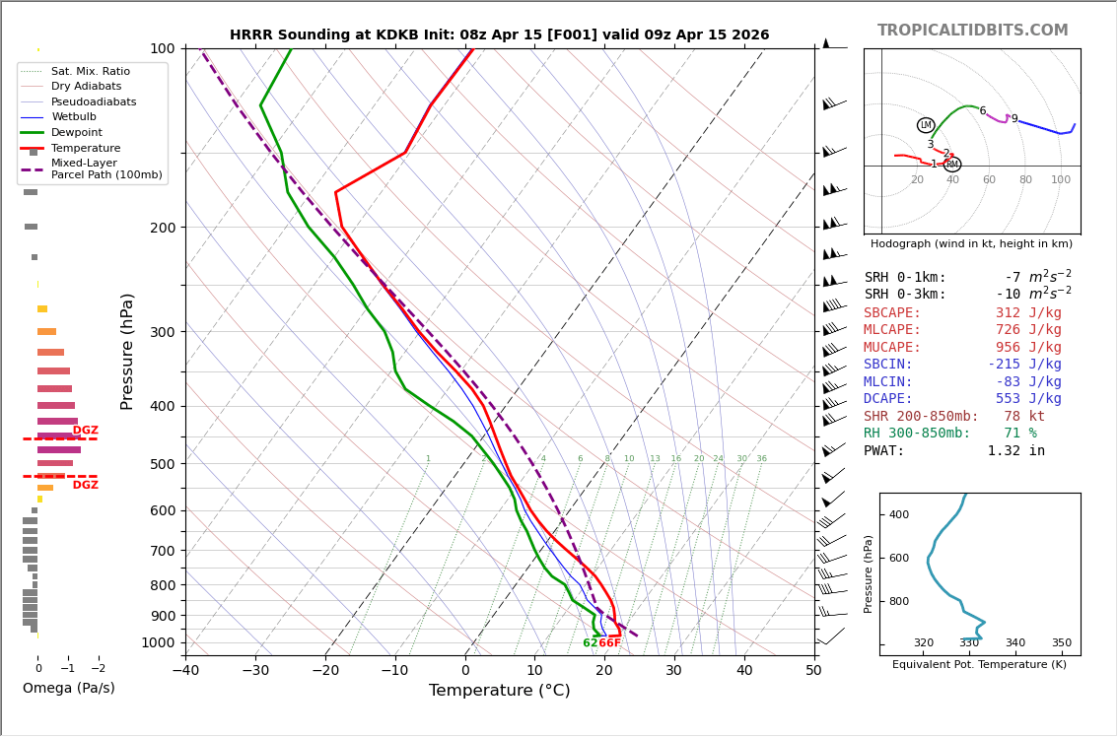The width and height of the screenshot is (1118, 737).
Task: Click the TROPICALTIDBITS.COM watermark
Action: pos(972,31)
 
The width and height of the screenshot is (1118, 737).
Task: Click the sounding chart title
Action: pos(499,35)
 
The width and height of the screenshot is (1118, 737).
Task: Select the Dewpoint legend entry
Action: pos(77,132)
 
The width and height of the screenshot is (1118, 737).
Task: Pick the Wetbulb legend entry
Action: pos(74,117)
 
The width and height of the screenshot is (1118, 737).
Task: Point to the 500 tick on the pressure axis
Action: pos(161,464)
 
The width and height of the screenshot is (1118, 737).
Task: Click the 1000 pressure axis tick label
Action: pos(157,642)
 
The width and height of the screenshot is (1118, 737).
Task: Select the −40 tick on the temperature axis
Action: pos(185,671)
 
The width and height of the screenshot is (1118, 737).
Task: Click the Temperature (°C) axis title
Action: pos(499,691)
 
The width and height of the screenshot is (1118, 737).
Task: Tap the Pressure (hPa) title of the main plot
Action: pos(128,351)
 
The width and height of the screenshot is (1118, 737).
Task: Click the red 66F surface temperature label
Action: pos(610,643)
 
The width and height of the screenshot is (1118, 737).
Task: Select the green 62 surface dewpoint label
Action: pos(590,643)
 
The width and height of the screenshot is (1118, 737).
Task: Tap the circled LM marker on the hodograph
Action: pos(925,125)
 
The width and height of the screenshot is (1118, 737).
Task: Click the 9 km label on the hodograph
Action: pos(1013,119)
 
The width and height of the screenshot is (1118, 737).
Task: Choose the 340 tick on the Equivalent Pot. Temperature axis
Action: pos(1014,643)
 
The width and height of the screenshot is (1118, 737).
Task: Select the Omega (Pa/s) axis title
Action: pos(69,689)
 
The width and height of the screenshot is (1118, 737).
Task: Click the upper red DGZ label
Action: pos(86,431)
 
